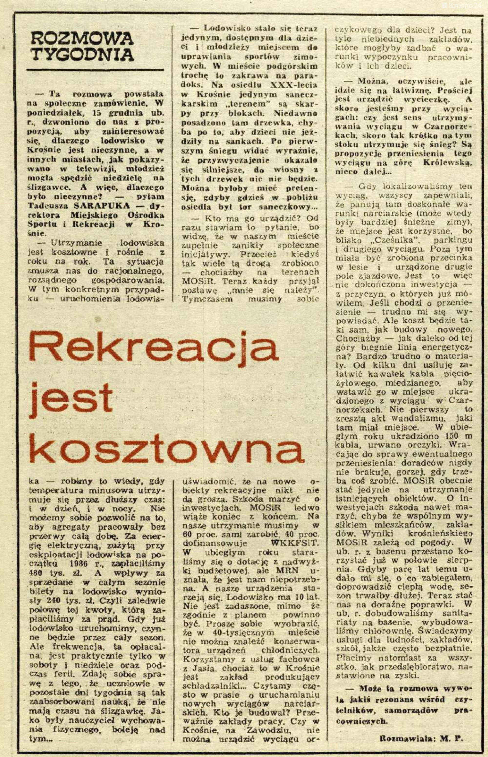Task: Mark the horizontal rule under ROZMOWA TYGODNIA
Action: (95, 69)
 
